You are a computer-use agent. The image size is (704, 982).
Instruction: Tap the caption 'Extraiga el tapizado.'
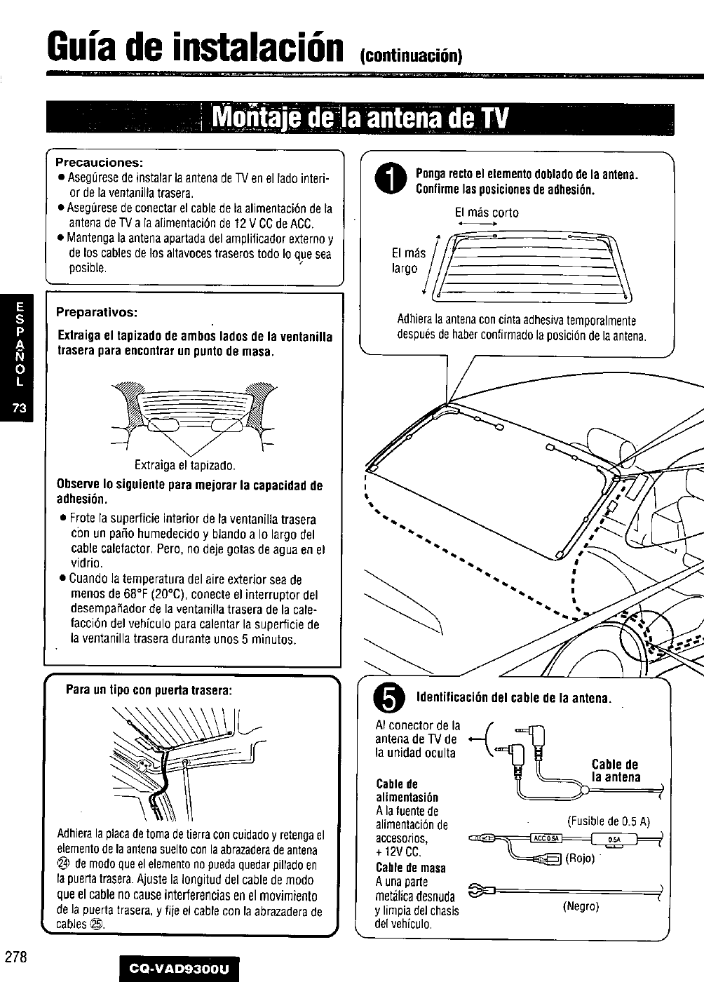(x=185, y=465)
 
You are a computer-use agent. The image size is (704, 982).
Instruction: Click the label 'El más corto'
(x=486, y=213)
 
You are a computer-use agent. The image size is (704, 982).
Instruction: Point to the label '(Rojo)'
(x=580, y=859)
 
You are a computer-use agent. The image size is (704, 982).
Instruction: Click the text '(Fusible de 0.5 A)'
(x=609, y=821)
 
